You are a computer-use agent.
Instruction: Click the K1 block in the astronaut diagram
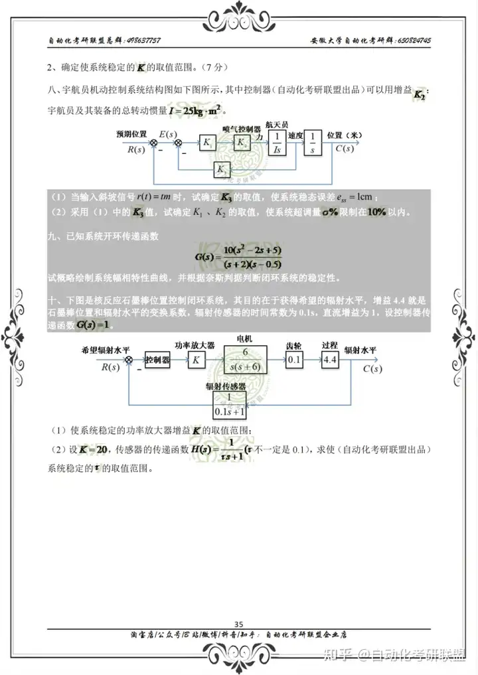(208, 143)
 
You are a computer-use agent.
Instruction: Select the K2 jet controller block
(244, 143)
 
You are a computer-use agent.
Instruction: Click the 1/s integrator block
(312, 142)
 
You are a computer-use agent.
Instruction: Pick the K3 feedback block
(222, 171)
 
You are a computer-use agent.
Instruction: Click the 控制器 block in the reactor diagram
(158, 360)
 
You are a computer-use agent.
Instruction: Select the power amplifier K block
(196, 360)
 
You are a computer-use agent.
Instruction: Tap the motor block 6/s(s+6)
(244, 359)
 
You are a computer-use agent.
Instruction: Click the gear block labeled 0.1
(293, 360)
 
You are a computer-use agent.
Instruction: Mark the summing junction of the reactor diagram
(129, 360)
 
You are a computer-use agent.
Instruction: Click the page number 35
(239, 623)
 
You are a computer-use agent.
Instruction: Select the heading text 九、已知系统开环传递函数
(104, 235)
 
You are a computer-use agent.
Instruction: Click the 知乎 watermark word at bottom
(336, 655)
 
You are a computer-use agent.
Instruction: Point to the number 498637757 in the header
(143, 40)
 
